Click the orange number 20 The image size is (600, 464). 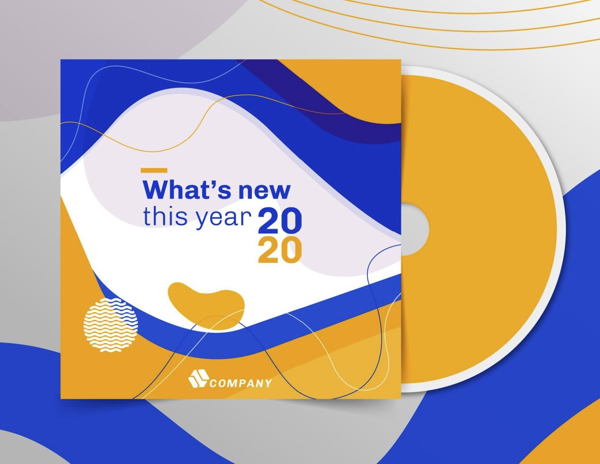(279, 251)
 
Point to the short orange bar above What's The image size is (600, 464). (154, 170)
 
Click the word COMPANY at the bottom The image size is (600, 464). (241, 383)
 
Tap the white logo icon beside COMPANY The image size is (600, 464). (198, 379)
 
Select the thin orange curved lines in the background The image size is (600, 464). (432, 26)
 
